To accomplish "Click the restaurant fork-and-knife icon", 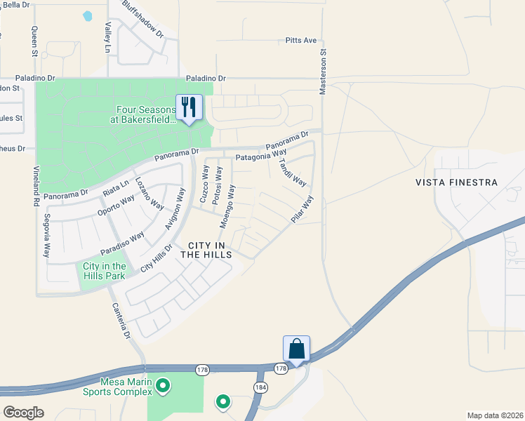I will [188, 107].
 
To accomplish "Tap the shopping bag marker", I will [296, 349].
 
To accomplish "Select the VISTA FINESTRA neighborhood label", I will [456, 182].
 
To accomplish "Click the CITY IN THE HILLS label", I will [206, 250].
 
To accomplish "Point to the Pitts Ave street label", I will [302, 41].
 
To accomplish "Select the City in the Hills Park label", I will [104, 271].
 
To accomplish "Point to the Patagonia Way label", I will [261, 156].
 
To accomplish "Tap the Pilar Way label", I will [303, 210].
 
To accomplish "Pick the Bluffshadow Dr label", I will [142, 19].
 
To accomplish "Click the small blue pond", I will [87, 15].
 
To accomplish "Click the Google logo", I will [23, 413].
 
